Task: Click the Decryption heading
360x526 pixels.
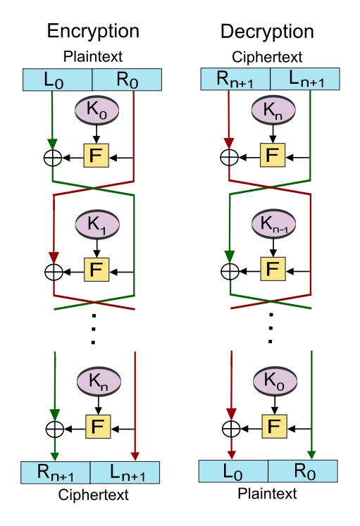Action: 267,32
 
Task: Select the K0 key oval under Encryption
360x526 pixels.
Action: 97,111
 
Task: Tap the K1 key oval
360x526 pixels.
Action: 97,224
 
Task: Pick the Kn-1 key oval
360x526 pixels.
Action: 274,223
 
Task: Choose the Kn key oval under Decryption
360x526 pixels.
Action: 273,110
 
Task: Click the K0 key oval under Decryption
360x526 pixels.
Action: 275,381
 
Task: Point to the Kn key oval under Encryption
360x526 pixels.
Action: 99,382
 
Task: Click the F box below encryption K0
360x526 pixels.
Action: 96,156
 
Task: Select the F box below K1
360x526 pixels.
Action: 97,270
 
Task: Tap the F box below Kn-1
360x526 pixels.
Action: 273,269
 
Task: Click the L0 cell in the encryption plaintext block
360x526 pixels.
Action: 57,80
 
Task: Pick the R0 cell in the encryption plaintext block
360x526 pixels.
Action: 127,80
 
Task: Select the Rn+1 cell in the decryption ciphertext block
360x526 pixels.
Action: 235,79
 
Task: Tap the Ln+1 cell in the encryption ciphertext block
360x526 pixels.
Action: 125,472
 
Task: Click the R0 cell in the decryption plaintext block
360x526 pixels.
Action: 303,471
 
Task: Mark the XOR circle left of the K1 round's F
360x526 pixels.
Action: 54,271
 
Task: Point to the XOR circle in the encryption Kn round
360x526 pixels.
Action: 55,429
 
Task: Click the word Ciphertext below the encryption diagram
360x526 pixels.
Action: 93,495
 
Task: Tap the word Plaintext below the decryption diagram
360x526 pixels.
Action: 267,494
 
